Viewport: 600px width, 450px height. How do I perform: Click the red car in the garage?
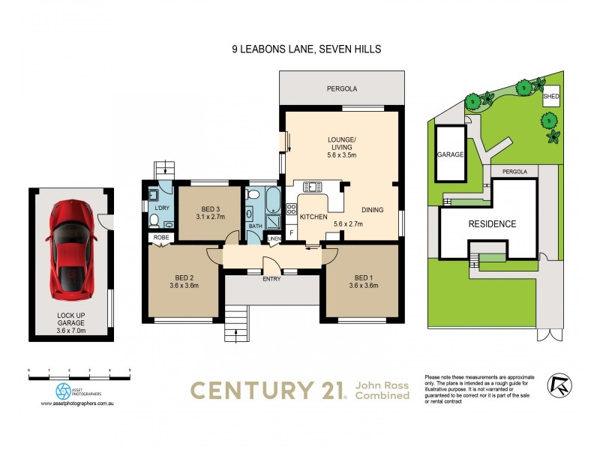[x=72, y=244]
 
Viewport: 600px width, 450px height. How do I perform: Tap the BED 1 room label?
[x=363, y=275]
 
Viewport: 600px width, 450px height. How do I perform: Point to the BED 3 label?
[x=211, y=209]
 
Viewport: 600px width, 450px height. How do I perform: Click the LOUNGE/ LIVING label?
[x=341, y=139]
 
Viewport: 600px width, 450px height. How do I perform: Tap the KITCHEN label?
[x=313, y=216]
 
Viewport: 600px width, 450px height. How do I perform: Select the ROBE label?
[x=161, y=237]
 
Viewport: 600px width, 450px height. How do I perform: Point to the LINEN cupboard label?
[x=274, y=238]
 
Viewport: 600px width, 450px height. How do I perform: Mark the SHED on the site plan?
[x=550, y=97]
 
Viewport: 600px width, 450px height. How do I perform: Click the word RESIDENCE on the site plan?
[x=492, y=223]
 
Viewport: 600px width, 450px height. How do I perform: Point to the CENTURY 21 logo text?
[x=266, y=389]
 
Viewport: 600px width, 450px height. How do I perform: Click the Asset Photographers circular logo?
[x=64, y=390]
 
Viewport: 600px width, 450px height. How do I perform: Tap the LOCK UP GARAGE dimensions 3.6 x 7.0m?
[x=72, y=330]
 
